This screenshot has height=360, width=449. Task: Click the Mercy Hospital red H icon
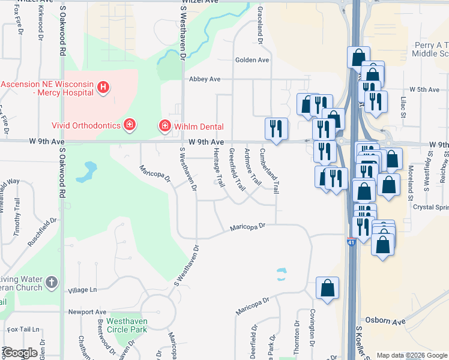(103, 88)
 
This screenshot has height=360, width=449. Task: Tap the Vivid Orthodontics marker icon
(128, 125)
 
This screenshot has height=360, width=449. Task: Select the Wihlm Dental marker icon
(163, 125)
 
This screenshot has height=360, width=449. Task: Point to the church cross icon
(52, 282)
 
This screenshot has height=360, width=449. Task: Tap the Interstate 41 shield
(351, 241)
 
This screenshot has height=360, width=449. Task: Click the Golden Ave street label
(252, 60)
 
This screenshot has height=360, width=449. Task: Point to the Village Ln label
(82, 290)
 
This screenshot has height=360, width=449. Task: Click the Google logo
(19, 353)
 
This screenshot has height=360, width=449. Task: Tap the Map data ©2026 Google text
(411, 355)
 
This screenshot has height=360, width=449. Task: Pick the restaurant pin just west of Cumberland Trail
(276, 129)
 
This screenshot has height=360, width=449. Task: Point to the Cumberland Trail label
(270, 170)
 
